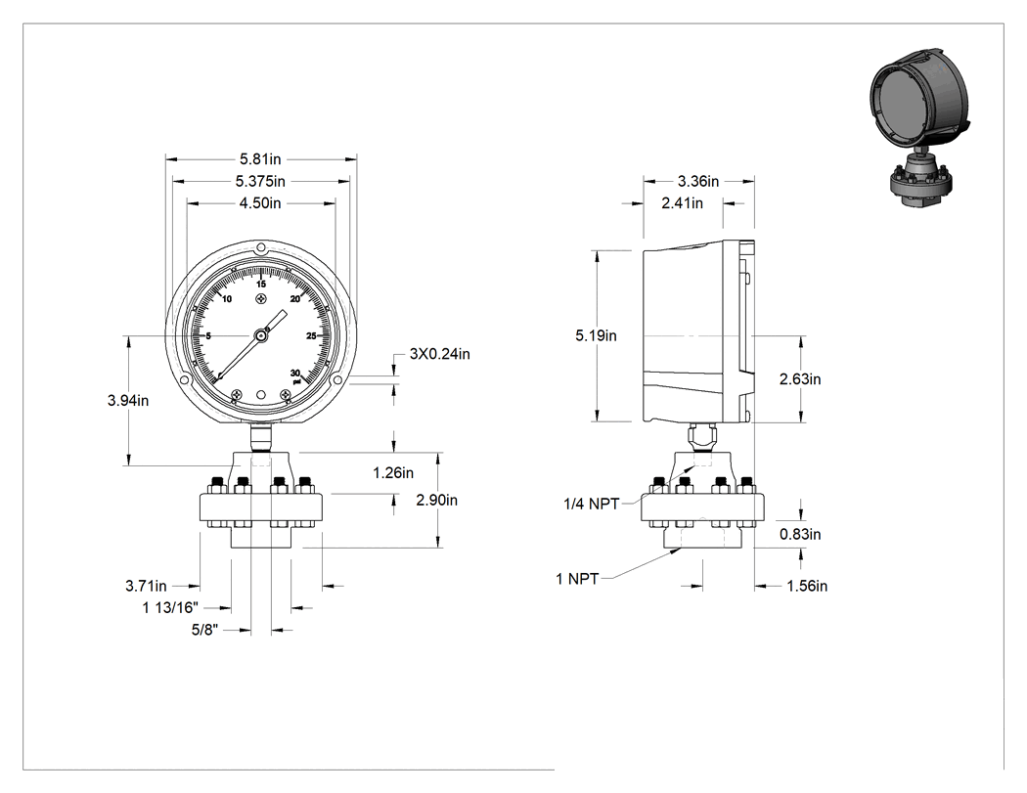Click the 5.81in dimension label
point(260,159)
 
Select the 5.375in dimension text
point(260,182)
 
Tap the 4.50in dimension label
point(260,203)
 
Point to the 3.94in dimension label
point(128,401)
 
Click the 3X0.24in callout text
point(440,354)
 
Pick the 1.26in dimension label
point(393,473)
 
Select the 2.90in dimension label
point(437,501)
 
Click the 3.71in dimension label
point(146,586)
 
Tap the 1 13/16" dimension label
point(170,607)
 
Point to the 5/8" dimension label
point(204,630)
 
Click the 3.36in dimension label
point(698,182)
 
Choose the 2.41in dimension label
point(682,203)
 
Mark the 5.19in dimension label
point(596,336)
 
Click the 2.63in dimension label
point(800,379)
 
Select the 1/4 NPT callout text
point(592,504)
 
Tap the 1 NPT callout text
point(577,579)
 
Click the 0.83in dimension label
point(800,534)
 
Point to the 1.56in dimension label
point(807,586)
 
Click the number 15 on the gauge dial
point(261,285)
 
